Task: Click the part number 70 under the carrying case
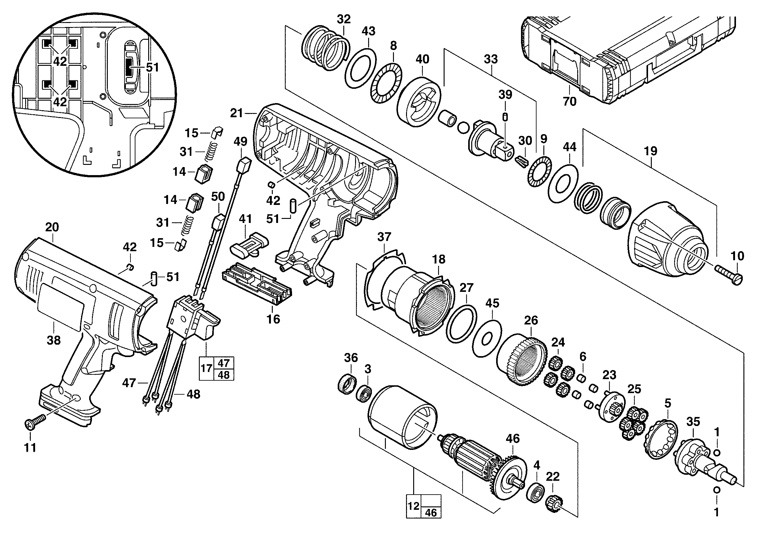click(569, 101)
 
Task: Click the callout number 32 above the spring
click(344, 19)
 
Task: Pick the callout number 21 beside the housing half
click(237, 113)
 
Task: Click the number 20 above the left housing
click(52, 227)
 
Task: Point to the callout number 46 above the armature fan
click(512, 438)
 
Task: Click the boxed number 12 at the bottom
click(413, 506)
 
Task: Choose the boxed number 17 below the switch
click(206, 368)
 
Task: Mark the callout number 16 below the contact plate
click(273, 319)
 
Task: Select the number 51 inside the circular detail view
click(153, 67)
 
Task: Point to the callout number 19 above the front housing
click(650, 151)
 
